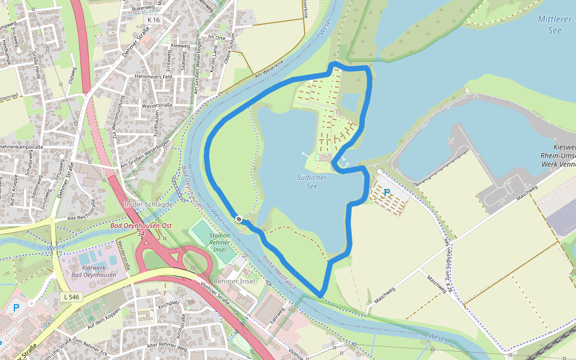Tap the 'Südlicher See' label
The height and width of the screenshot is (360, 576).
click(311, 181)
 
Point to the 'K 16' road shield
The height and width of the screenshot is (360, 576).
click(153, 20)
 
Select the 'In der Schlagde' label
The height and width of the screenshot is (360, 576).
click(148, 205)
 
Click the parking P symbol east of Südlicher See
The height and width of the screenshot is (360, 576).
click(387, 193)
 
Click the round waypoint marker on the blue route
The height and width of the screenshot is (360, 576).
click(239, 220)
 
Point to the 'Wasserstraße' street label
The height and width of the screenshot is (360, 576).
click(158, 105)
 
